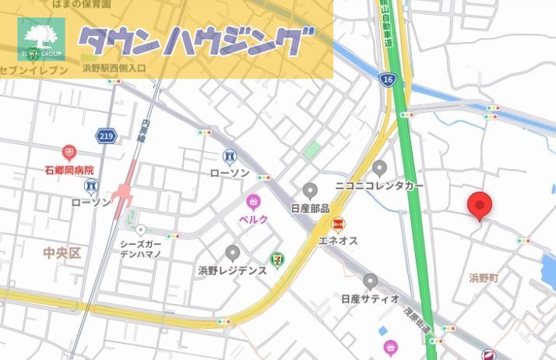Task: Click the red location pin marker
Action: (x=480, y=206)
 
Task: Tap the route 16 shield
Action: (x=388, y=79)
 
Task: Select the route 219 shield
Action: (x=107, y=136)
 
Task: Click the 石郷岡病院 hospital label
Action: (x=69, y=169)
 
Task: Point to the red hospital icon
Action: (x=69, y=151)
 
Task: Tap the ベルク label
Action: (x=253, y=219)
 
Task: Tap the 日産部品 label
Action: (x=310, y=208)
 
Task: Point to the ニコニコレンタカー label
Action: (x=379, y=186)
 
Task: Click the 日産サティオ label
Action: (x=370, y=298)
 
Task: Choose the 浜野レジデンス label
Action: (x=232, y=270)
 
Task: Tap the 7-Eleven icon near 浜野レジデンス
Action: (x=277, y=258)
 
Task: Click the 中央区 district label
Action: (x=62, y=253)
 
